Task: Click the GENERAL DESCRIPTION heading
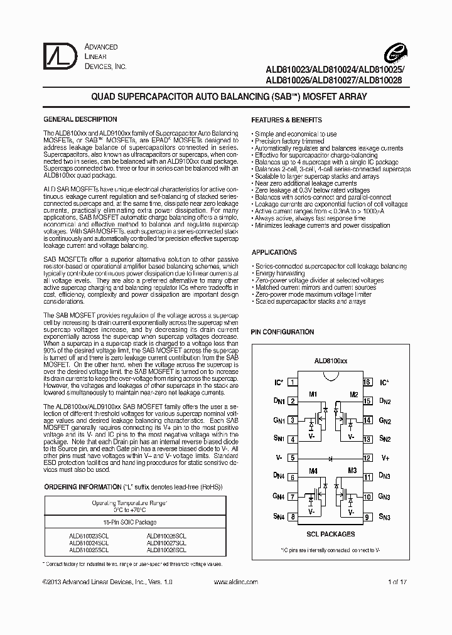[x=80, y=119]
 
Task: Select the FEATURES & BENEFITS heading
[x=286, y=120]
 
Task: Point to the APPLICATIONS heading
[x=274, y=252]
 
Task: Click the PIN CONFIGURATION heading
[x=282, y=332]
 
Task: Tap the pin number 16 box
[x=367, y=382]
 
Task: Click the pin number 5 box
[x=293, y=458]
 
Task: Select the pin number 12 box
[x=367, y=458]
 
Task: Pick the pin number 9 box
[x=367, y=516]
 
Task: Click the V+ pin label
[x=385, y=458]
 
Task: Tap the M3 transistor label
[x=353, y=471]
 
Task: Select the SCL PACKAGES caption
[x=330, y=534]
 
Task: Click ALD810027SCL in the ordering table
[x=166, y=542]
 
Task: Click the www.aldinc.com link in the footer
[x=234, y=582]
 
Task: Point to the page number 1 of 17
[x=398, y=582]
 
